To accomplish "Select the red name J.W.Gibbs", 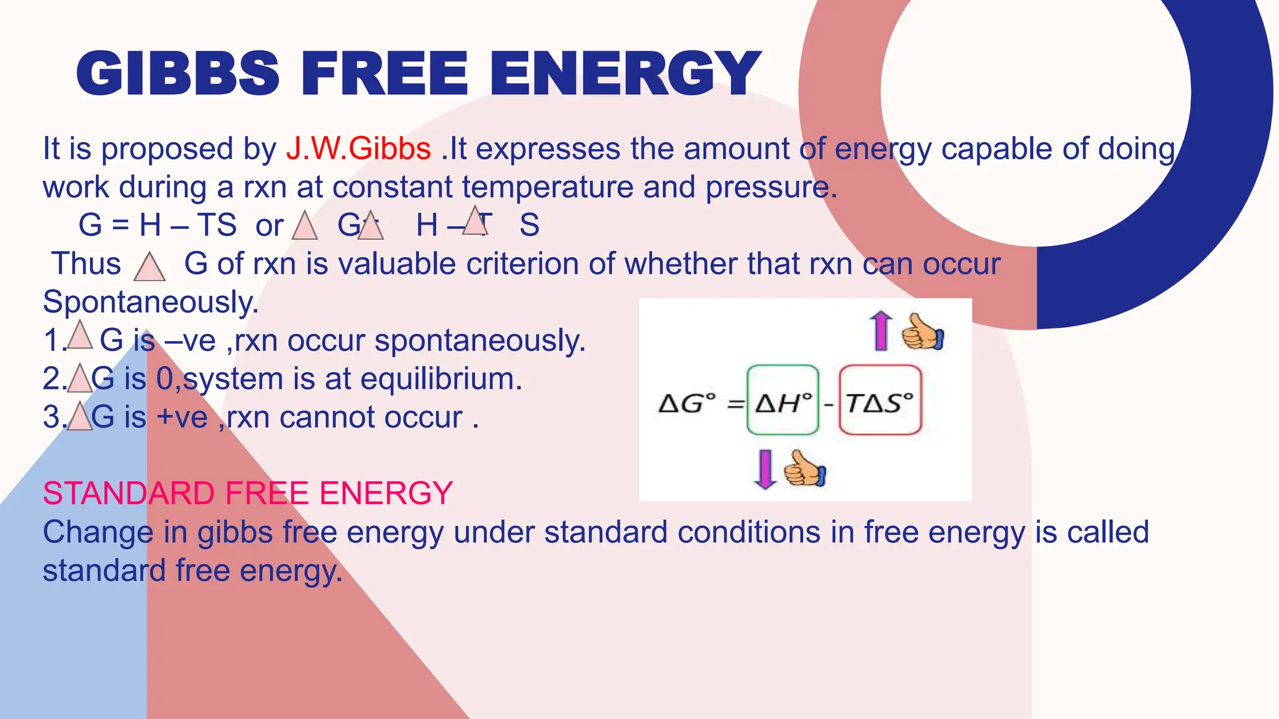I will click(358, 149).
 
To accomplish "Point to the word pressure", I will click(771, 187).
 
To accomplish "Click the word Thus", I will click(86, 264).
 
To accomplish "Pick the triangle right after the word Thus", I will click(150, 267).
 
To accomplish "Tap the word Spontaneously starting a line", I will click(150, 303).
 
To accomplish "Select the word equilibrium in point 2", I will click(441, 379).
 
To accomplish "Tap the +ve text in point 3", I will click(182, 418).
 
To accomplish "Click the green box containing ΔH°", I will click(783, 400).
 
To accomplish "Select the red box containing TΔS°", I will click(880, 400).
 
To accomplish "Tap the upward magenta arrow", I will click(881, 331).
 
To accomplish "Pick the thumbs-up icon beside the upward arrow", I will click(922, 333).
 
